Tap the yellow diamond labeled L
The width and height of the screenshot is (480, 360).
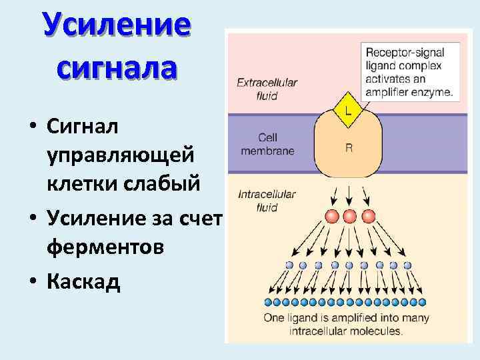pyautogui.click(x=348, y=109)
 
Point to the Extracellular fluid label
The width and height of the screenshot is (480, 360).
pyautogui.click(x=267, y=87)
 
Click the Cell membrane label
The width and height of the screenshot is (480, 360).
pyautogui.click(x=267, y=145)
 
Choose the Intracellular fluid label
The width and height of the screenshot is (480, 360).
pyautogui.click(x=267, y=201)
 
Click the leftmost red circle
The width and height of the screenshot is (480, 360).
pyautogui.click(x=332, y=217)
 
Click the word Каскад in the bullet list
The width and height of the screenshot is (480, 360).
pyautogui.click(x=83, y=281)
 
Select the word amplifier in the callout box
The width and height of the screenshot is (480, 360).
pyautogui.click(x=393, y=92)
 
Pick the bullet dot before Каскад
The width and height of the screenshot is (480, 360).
pyautogui.click(x=32, y=282)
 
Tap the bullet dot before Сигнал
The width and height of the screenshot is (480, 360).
pyautogui.click(x=32, y=125)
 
